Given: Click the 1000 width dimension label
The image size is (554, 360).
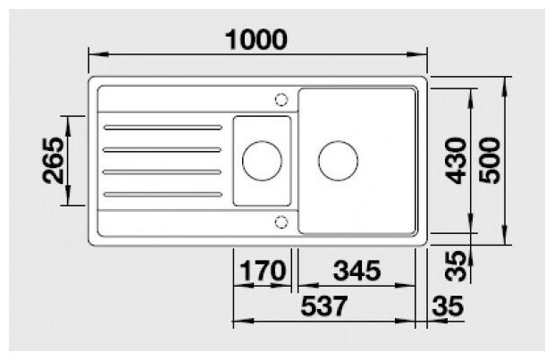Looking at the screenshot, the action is tap(256, 39).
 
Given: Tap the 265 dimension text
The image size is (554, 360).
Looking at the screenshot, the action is tap(54, 161).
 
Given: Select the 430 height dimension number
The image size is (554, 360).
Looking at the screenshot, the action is tap(456, 161).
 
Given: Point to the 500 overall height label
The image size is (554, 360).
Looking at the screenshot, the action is tap(490, 161).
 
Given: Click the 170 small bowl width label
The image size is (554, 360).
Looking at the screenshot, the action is tap(262, 271).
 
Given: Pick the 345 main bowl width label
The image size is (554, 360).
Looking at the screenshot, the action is tap(357, 271).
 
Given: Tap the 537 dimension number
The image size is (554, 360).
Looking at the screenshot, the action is tap(324, 306).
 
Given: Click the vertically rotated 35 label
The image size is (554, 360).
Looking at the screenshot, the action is tap(456, 265).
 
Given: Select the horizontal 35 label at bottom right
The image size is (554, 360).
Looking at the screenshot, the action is tap(447, 306).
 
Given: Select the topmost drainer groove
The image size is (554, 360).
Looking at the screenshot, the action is tap(163, 127).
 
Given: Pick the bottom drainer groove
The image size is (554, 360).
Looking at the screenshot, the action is tap(163, 195).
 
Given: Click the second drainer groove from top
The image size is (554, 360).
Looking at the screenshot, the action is tap(162, 150).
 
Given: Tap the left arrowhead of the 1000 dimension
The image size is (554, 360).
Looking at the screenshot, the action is tap(98, 54).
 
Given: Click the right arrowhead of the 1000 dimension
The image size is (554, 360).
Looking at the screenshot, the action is tap(417, 54).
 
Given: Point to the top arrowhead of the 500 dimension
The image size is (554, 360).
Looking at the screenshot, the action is tap(505, 87).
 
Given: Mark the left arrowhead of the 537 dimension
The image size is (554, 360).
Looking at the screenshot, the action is tap(243, 321).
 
